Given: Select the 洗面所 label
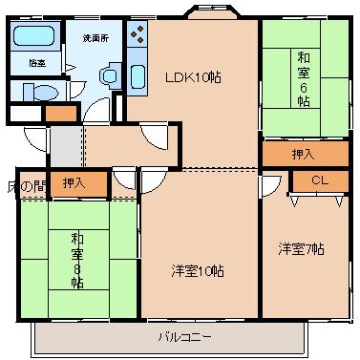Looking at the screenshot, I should click(94, 38).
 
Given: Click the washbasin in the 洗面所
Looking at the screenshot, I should click(108, 74).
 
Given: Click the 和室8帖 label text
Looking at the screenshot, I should click(76, 261).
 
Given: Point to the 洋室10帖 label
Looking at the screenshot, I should click(200, 270).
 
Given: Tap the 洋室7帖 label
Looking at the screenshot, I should click(301, 248).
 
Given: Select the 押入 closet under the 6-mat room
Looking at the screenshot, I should click(304, 153).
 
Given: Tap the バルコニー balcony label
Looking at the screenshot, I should click(172, 336).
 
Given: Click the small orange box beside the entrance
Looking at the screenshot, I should click(59, 114).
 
